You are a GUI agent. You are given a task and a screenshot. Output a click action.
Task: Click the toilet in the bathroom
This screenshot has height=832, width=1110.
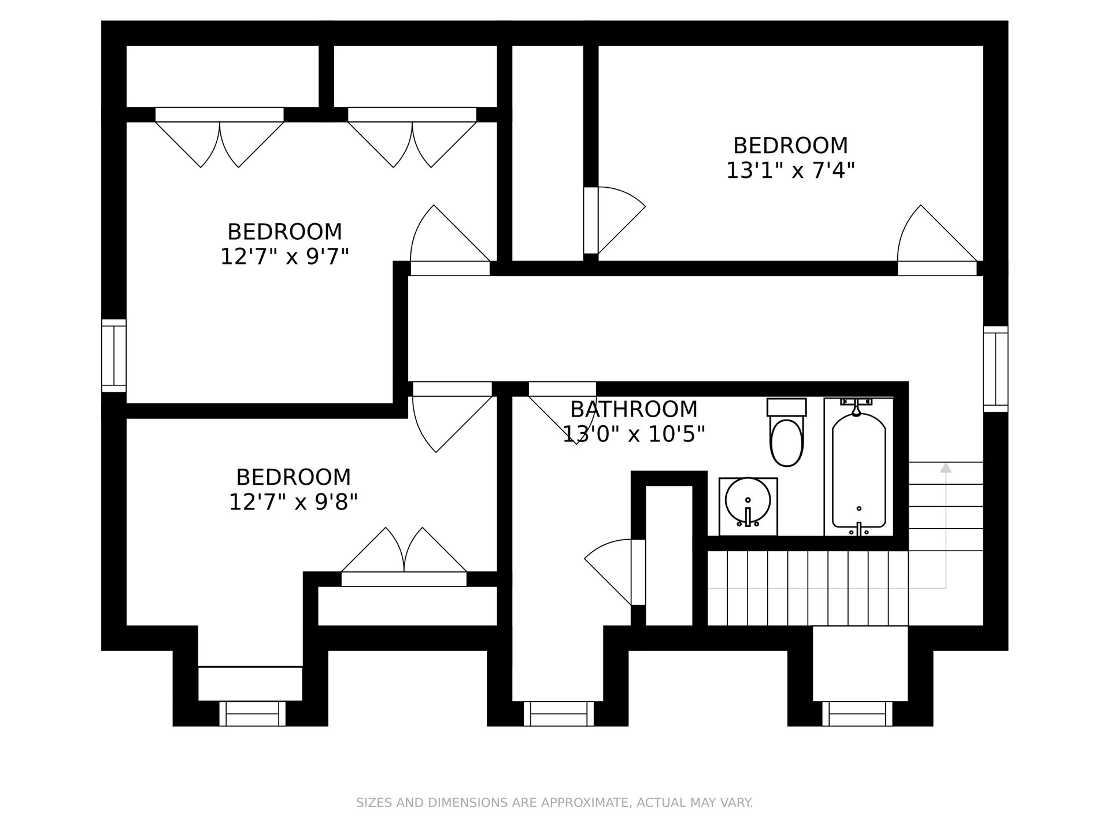tap(786, 432)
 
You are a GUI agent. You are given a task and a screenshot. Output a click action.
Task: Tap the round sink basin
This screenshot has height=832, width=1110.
tap(748, 499)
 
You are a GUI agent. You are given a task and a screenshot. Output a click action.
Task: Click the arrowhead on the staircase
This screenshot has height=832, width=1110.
tap(946, 467)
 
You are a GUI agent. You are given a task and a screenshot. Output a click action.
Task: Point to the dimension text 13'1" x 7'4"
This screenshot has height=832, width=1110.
tap(790, 170)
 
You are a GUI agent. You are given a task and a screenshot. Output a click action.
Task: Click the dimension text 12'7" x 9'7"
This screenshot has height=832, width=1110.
tap(285, 257)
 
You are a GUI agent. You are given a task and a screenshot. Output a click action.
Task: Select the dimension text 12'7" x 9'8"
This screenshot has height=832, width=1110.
tap(294, 502)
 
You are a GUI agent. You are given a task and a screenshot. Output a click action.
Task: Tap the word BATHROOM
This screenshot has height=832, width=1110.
tap(634, 409)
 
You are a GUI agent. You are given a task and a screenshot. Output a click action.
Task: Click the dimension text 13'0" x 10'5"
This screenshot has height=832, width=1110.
tap(634, 434)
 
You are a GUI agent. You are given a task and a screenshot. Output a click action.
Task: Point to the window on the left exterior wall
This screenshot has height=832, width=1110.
tap(114, 355)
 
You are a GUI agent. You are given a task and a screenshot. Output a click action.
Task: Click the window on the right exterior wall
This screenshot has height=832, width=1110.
tap(996, 369)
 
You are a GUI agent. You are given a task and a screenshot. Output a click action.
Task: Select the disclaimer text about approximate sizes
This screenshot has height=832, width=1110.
tap(554, 803)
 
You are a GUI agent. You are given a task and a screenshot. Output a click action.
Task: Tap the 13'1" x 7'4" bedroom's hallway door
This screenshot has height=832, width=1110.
tap(937, 240)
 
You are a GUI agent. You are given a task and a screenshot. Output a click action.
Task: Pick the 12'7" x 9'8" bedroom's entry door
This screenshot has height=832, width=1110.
tap(452, 417)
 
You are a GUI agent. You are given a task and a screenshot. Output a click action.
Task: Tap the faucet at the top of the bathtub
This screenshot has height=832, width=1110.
tap(856, 407)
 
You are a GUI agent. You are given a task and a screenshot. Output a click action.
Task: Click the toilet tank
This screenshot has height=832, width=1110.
tap(786, 407)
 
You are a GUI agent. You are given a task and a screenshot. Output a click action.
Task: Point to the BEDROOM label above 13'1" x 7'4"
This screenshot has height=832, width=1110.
tap(790, 145)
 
